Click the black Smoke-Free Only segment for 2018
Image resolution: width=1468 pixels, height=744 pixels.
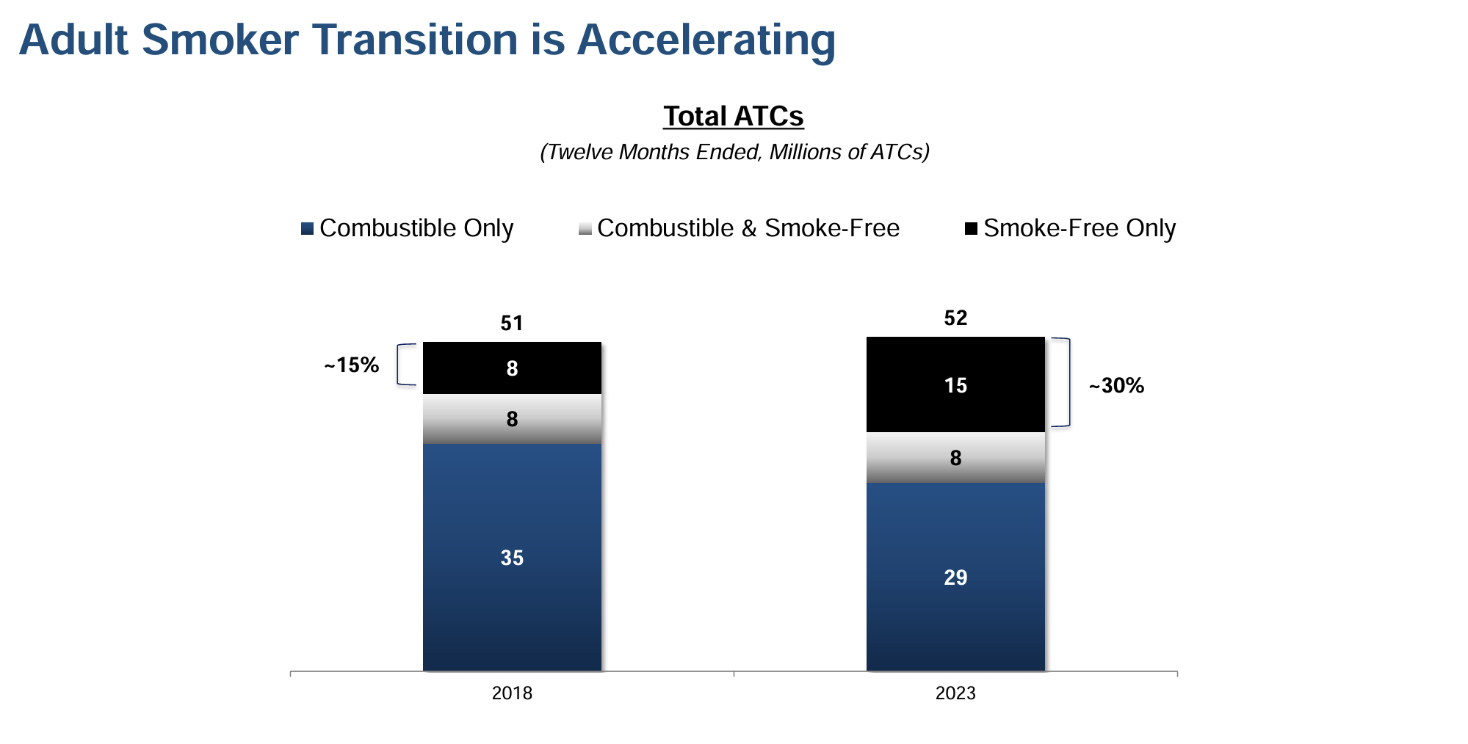coord(512,368)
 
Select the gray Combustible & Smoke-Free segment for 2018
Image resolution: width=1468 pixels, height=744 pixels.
coord(512,419)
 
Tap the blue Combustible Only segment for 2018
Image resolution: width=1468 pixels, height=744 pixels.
coord(512,557)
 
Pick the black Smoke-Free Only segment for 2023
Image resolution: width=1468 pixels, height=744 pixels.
coord(955,384)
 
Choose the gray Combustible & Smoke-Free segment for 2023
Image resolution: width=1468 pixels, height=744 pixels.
coord(955,458)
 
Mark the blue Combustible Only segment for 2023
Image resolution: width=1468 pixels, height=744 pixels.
coord(955,577)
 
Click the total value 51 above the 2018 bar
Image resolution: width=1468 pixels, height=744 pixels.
coord(512,324)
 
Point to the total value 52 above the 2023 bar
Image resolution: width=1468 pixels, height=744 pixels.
coord(955,318)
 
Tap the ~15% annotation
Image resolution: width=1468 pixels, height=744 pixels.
coord(352,365)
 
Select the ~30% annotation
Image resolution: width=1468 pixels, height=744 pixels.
coord(1116,386)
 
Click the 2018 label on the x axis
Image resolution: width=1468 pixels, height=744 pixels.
coord(512,693)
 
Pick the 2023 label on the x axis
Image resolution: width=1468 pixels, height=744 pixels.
coord(955,693)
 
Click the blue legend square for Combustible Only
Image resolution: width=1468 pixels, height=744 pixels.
coord(308,229)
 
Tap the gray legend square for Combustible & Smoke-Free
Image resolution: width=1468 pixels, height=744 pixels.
coord(585,229)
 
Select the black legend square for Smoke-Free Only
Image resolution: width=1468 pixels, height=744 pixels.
coord(971,229)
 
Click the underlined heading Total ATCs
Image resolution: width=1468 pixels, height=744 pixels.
coord(734,117)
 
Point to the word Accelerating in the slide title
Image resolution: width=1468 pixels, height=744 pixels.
coord(706,40)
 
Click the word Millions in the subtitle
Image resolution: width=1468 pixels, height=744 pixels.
coord(805,152)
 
